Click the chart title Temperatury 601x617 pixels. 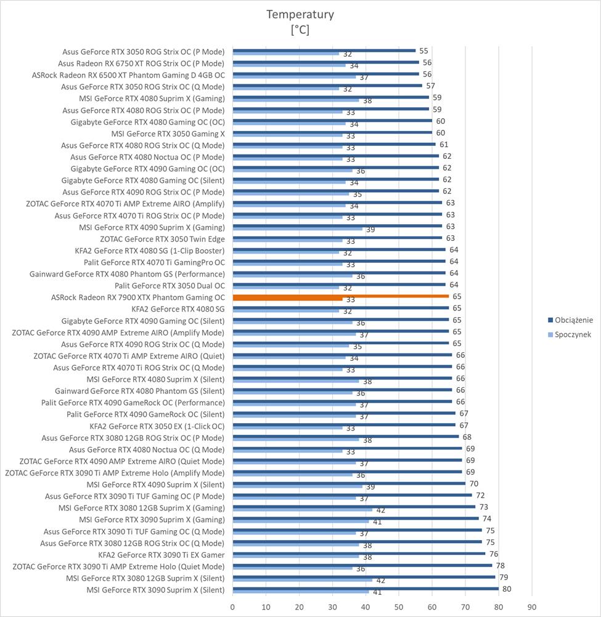[x=300, y=14]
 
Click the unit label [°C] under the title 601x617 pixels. [x=300, y=29]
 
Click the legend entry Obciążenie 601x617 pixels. [x=573, y=320]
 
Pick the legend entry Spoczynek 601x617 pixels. [x=573, y=334]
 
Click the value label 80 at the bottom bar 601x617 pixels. [x=507, y=589]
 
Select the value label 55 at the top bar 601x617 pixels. [x=423, y=51]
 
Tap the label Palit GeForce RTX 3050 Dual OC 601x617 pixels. [x=170, y=286]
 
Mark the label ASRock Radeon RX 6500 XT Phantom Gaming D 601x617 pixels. [x=128, y=75]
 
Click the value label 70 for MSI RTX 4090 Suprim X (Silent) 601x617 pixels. [x=473, y=484]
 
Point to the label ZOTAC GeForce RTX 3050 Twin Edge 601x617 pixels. [x=162, y=239]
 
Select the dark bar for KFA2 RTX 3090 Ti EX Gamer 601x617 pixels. [x=358, y=554]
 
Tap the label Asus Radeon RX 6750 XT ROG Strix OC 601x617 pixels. [x=141, y=63]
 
